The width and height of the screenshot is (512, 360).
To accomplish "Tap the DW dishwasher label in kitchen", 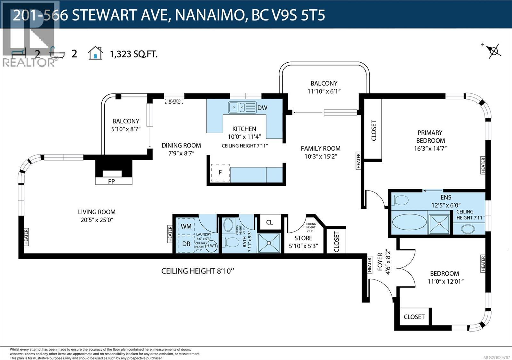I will [262, 108].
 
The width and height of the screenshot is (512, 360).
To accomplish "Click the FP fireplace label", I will [111, 181].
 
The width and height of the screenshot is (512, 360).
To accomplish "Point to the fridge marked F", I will [220, 173].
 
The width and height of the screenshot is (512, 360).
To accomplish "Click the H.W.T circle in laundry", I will [212, 246].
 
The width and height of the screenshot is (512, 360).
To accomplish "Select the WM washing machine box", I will [186, 226].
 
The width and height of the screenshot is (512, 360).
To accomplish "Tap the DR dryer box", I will [186, 244].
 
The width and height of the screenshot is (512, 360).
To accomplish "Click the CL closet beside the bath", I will [270, 222].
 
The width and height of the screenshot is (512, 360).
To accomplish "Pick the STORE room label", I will [303, 238].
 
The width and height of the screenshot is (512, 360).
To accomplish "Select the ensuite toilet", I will [400, 200].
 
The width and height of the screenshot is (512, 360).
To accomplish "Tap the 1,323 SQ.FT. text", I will [133, 54].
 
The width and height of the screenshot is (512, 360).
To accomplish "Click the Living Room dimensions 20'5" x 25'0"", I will [97, 220].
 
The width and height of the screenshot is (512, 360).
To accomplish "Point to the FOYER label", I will [380, 262].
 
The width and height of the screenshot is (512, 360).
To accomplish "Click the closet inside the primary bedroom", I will [373, 130].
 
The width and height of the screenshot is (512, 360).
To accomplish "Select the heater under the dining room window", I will [174, 101].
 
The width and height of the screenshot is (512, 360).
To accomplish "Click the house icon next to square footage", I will [95, 53].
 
